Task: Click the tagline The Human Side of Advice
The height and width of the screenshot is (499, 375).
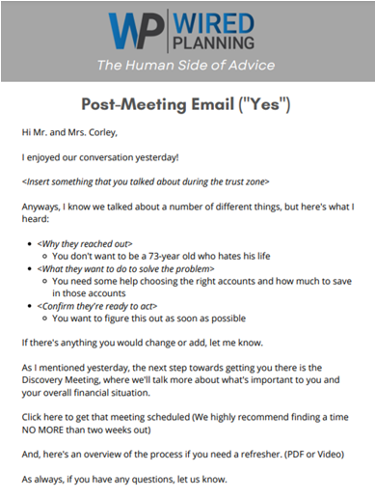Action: pos(187,65)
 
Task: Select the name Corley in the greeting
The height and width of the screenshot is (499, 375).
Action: pos(111,131)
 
